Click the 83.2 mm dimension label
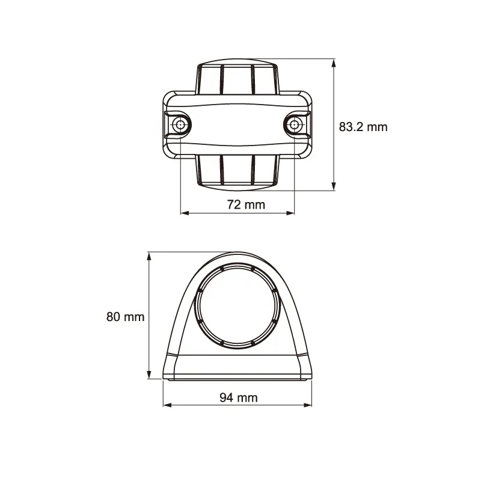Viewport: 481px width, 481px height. coord(363,127)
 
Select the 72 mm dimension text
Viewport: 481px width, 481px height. coord(245,204)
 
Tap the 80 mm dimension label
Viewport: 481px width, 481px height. coord(125,317)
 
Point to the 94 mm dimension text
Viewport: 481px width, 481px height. coord(238,397)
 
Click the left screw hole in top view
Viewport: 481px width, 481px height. coord(180,125)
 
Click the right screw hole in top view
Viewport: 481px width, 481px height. coord(294,125)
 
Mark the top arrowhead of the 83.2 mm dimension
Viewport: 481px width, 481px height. coord(334,62)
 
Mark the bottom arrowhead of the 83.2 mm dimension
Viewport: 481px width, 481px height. coord(334,186)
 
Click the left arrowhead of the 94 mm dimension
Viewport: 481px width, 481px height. coord(167,405)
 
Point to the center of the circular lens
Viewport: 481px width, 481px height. coord(237,306)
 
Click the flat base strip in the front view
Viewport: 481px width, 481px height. coord(237,367)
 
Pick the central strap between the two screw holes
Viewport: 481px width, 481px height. coord(237,125)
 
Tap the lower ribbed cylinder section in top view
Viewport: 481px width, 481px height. coord(237,171)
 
